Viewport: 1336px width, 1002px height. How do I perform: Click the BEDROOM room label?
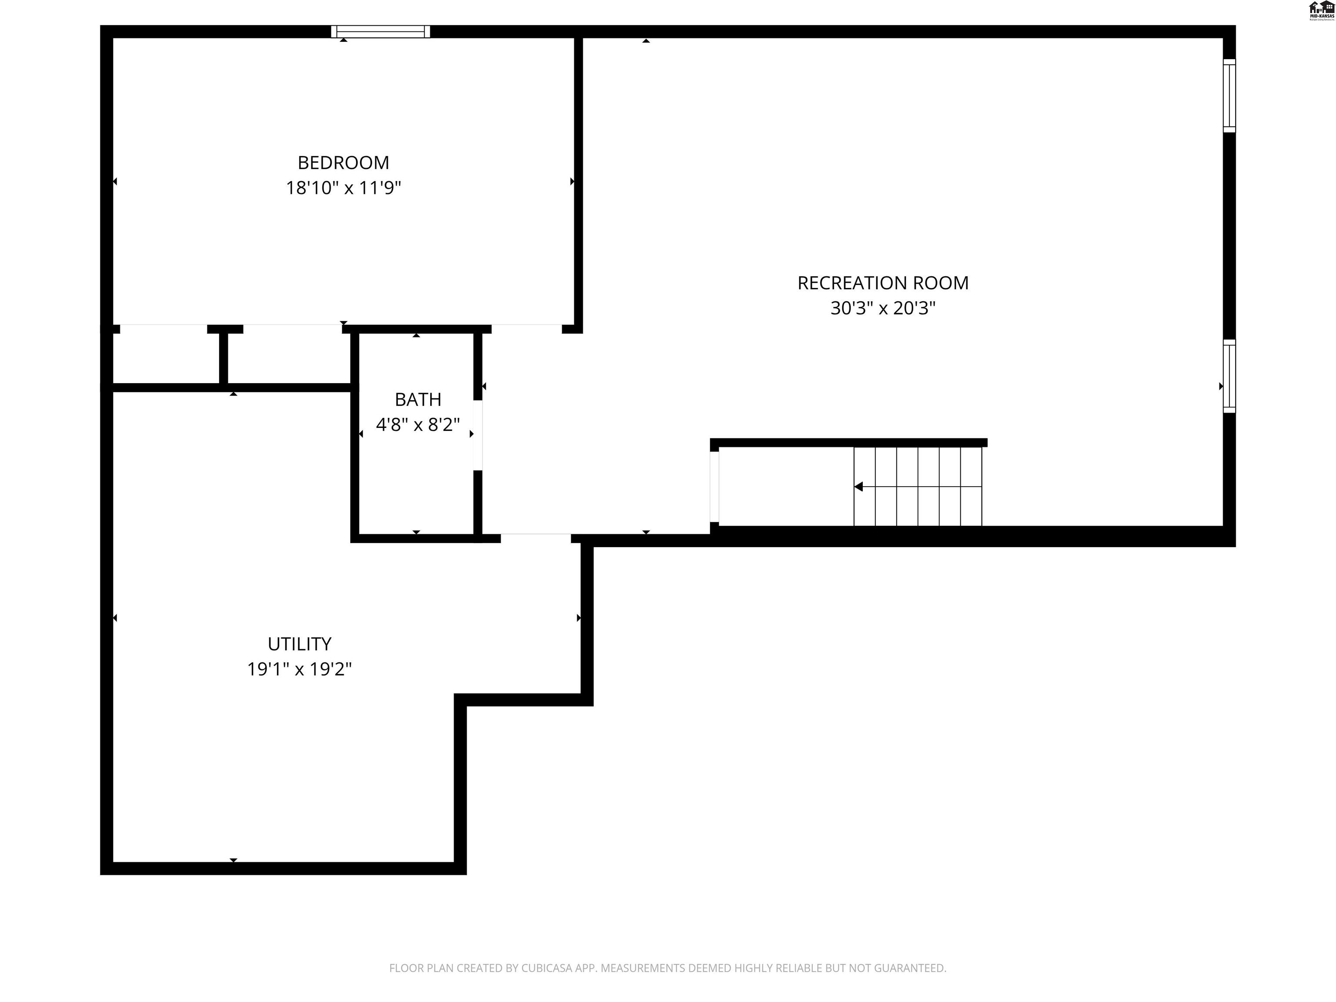[x=343, y=163]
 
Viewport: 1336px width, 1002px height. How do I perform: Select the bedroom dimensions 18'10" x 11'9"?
[x=343, y=188]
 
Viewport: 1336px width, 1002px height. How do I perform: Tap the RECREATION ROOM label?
[x=882, y=283]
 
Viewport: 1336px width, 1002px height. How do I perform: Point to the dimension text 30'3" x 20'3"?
[x=882, y=308]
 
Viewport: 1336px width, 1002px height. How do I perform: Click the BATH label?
[x=418, y=399]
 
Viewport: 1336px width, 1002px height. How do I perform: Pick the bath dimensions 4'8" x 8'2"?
[x=418, y=424]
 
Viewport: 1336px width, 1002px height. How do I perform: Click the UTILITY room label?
[x=299, y=644]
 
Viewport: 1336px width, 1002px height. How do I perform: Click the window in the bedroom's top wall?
[x=381, y=31]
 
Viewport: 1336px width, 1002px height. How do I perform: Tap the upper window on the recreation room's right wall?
[x=1229, y=95]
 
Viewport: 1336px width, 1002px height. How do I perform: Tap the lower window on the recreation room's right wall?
[x=1229, y=376]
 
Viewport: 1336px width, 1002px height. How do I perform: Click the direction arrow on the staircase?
[x=858, y=487]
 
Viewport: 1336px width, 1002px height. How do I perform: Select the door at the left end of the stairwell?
[x=715, y=487]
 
